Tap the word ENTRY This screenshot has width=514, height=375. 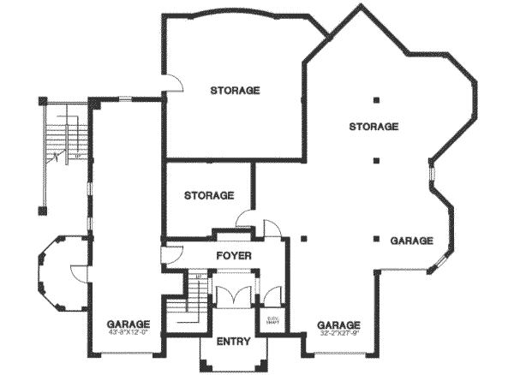point(233,341)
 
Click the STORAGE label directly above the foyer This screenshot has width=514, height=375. point(209,195)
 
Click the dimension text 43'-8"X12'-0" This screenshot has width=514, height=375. point(128,336)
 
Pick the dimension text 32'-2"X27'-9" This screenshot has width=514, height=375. point(338,336)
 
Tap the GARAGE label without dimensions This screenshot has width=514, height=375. point(412,241)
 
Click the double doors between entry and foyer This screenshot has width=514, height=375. point(233,294)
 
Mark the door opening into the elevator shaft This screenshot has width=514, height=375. point(273,296)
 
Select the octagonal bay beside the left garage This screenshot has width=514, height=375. point(58,275)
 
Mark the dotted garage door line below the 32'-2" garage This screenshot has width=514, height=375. point(339,353)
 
